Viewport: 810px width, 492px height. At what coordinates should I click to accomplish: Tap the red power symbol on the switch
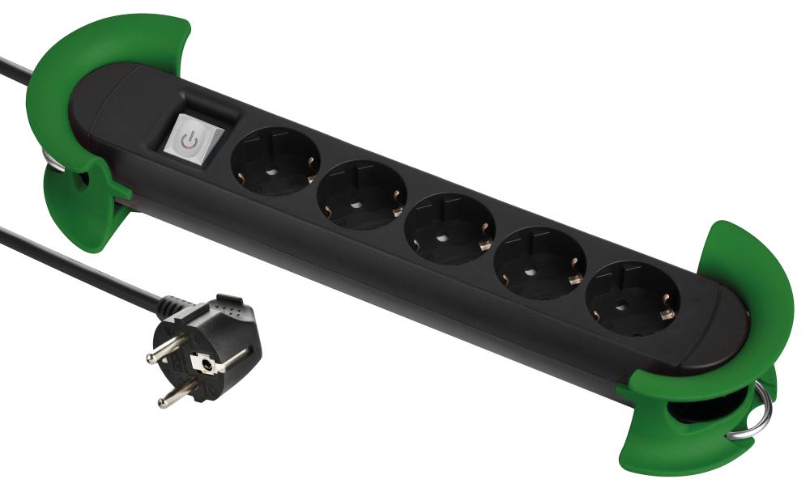(x=190, y=140)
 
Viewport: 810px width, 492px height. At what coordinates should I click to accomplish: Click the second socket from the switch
(x=358, y=195)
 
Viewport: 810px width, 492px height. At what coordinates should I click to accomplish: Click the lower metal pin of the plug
(x=175, y=397)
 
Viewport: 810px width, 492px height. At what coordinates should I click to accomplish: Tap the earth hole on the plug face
(x=211, y=366)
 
